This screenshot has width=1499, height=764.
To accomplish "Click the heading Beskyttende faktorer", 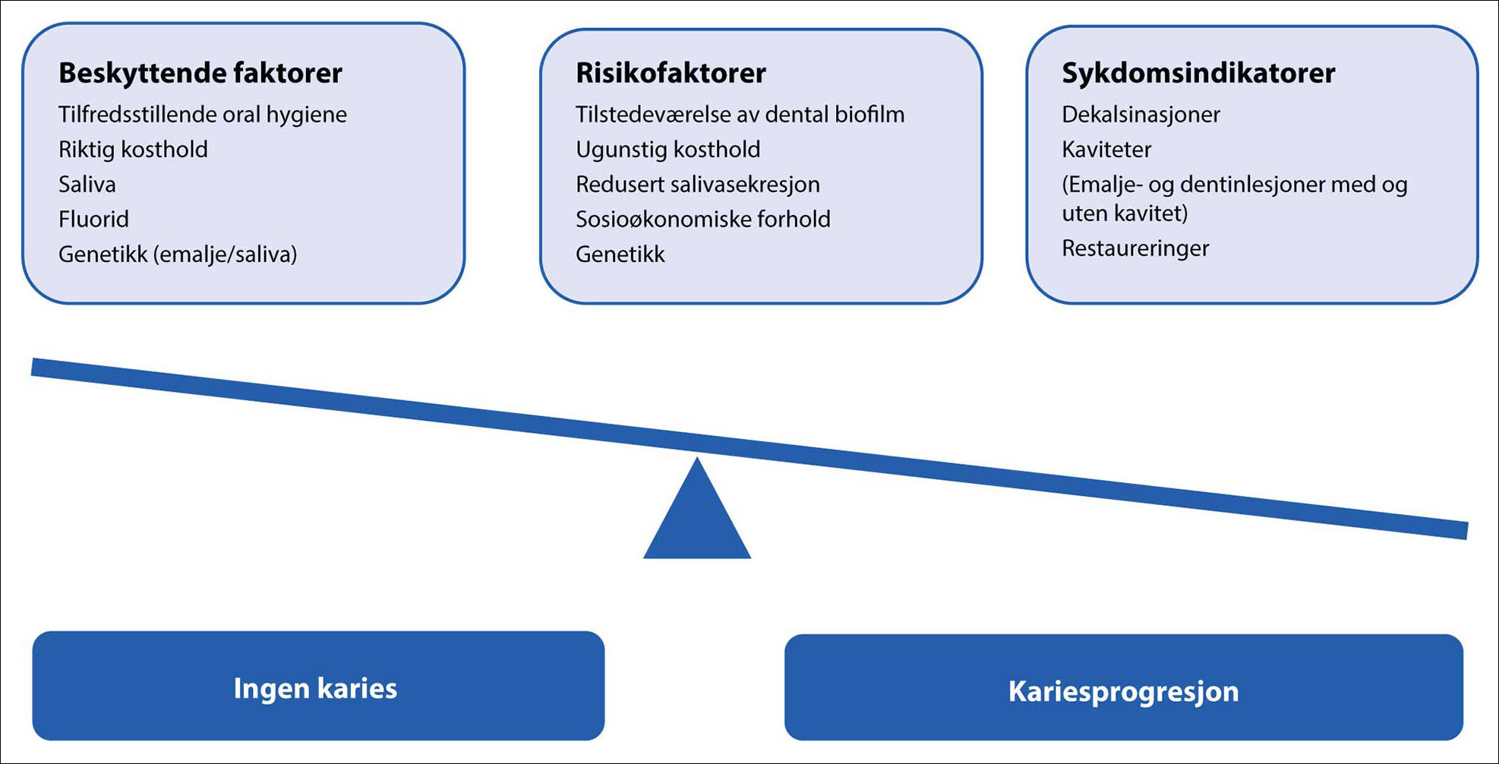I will click(200, 73).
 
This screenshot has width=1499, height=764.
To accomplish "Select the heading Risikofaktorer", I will click(671, 73).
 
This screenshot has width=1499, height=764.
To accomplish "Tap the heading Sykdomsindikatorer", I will click(1198, 73).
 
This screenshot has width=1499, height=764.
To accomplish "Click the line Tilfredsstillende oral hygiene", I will click(202, 115).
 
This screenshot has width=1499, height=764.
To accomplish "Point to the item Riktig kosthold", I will click(133, 150).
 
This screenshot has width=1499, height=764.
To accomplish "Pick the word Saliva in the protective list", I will click(87, 185).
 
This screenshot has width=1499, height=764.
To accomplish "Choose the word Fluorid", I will click(93, 219).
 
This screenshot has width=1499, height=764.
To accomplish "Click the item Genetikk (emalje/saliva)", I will click(177, 254).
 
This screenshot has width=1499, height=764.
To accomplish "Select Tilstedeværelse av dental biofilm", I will click(740, 115).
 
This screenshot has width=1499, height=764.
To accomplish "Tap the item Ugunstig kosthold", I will click(667, 150).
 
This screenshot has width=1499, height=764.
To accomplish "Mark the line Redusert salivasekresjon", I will click(697, 185).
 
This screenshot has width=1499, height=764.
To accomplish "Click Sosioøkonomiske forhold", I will click(702, 219).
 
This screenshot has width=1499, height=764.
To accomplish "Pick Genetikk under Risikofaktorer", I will click(620, 254).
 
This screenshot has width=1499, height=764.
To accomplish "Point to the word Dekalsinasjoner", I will click(1141, 115).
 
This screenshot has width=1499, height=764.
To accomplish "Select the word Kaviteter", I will click(1106, 150).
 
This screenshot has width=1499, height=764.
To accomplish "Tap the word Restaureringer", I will click(1135, 248).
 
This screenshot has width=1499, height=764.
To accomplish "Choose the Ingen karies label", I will click(315, 688).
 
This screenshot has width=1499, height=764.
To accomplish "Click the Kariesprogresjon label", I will click(1123, 691).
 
